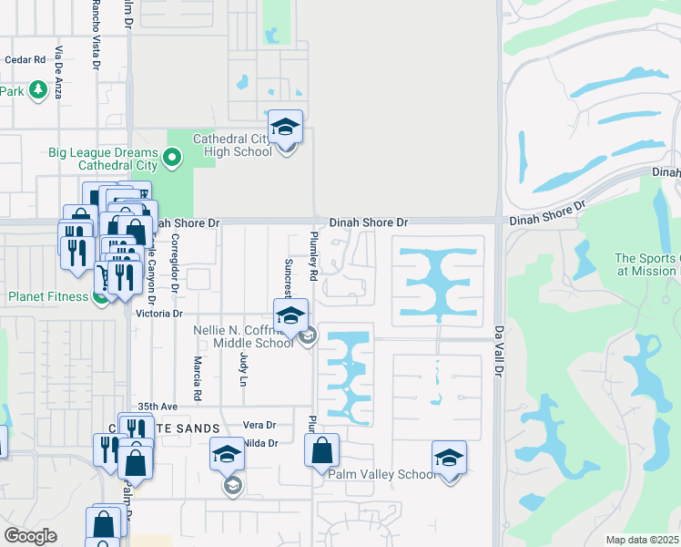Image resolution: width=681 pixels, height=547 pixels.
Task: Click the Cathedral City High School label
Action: click(232, 145)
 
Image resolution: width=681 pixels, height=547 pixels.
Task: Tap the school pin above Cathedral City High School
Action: click(285, 129)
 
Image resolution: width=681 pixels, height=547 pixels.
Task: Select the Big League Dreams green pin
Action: click(173, 160)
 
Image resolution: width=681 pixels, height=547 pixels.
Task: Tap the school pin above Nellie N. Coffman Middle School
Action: click(290, 317)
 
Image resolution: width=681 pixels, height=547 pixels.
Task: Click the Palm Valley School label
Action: click(381, 474)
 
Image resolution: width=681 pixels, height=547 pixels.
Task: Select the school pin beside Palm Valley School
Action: click(449, 459)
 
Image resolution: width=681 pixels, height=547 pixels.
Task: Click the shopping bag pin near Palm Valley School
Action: click(322, 450)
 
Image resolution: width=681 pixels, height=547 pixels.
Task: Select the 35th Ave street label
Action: click(157, 406)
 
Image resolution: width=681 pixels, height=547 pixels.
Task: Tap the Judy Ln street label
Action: click(243, 366)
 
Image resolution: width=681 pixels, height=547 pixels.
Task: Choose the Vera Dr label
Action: click(259, 426)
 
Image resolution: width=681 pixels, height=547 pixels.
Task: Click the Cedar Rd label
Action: click(25, 60)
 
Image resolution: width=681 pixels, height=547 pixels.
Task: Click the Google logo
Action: click(30, 535)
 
